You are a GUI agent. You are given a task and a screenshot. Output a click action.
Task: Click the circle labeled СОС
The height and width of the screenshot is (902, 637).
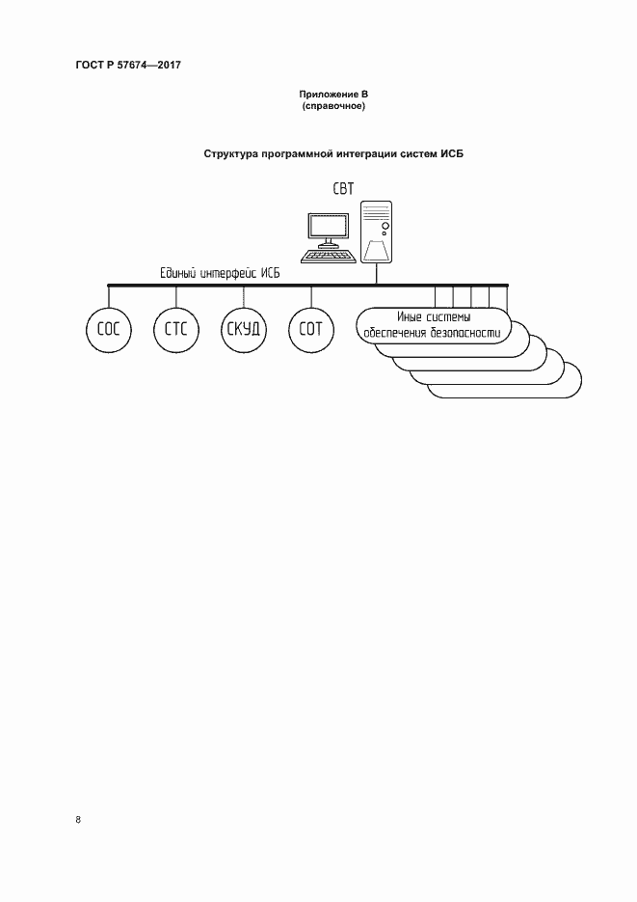(x=109, y=330)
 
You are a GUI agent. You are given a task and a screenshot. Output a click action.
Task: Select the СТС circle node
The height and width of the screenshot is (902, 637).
(x=175, y=330)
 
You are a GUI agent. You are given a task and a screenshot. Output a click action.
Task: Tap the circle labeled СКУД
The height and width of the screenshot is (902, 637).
(x=244, y=330)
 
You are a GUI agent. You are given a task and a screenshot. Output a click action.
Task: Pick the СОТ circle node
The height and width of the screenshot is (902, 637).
(x=310, y=330)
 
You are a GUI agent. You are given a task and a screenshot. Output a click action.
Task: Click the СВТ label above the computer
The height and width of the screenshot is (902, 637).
(x=343, y=189)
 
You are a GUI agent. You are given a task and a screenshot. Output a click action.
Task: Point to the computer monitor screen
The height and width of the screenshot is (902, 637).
(x=329, y=226)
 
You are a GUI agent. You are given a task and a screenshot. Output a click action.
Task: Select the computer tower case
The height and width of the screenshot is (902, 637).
(x=376, y=232)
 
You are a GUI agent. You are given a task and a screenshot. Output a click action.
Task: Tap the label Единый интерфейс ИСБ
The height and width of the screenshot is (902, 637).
(x=220, y=273)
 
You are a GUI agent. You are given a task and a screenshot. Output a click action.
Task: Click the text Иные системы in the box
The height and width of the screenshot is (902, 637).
(x=434, y=317)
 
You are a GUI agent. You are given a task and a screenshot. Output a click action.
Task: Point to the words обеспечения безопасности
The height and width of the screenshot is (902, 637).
(x=432, y=333)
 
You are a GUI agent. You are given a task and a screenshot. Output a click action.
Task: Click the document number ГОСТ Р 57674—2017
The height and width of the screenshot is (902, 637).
(x=128, y=65)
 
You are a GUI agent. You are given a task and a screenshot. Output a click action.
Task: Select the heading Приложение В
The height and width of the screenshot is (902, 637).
(x=333, y=95)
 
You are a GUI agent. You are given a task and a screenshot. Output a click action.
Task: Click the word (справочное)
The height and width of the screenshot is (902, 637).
(x=333, y=106)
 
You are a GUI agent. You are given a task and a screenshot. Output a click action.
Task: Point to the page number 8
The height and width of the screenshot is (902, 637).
(x=78, y=820)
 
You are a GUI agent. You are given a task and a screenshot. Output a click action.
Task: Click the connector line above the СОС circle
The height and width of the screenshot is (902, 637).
(x=109, y=296)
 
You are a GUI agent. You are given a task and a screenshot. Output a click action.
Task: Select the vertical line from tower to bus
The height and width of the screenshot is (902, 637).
(x=376, y=274)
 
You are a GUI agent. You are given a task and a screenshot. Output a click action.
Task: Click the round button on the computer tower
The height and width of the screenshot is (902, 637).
(x=385, y=226)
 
